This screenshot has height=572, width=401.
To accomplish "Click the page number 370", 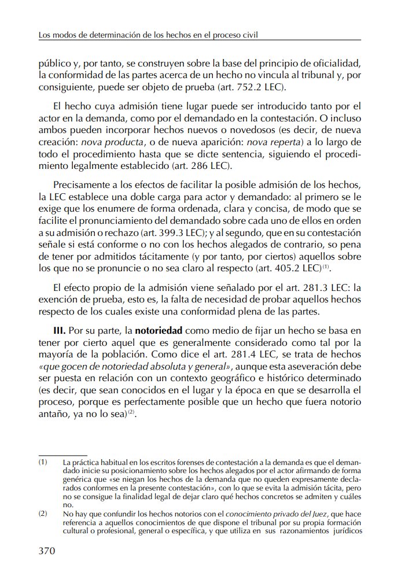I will coord(46,550).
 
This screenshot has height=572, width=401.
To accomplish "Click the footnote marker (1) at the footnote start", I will coord(43,462).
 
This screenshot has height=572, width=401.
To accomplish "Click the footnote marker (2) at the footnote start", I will coord(43,512).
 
